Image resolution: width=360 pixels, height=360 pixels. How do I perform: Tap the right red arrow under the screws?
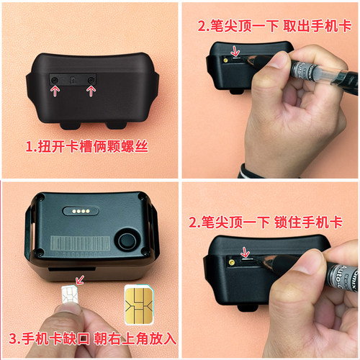coord(91,89)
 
